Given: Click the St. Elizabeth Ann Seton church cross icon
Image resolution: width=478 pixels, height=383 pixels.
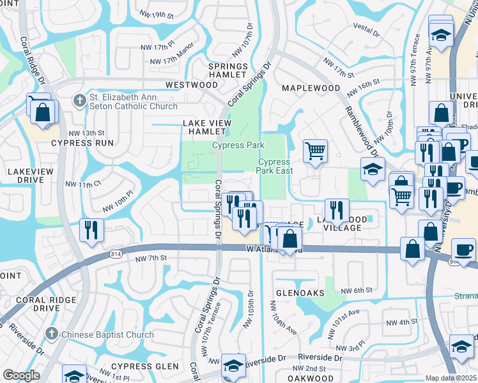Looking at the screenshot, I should point(79,99).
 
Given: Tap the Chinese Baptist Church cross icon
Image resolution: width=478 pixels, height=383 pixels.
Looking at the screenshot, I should point(52,334).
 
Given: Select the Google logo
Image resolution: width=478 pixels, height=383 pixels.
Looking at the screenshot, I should point(21,375).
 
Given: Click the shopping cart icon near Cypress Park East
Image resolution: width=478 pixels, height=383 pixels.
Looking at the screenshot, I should point(315,151).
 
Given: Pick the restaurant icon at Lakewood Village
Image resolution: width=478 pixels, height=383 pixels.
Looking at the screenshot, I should point(335,210).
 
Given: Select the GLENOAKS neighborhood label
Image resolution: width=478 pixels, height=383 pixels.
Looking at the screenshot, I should point(300,292).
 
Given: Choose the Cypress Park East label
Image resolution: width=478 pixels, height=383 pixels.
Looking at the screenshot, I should point(274,166).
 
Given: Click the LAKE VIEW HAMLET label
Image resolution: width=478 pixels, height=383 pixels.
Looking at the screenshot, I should point(206,127).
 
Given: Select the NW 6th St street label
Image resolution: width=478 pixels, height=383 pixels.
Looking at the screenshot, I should point(356,290).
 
